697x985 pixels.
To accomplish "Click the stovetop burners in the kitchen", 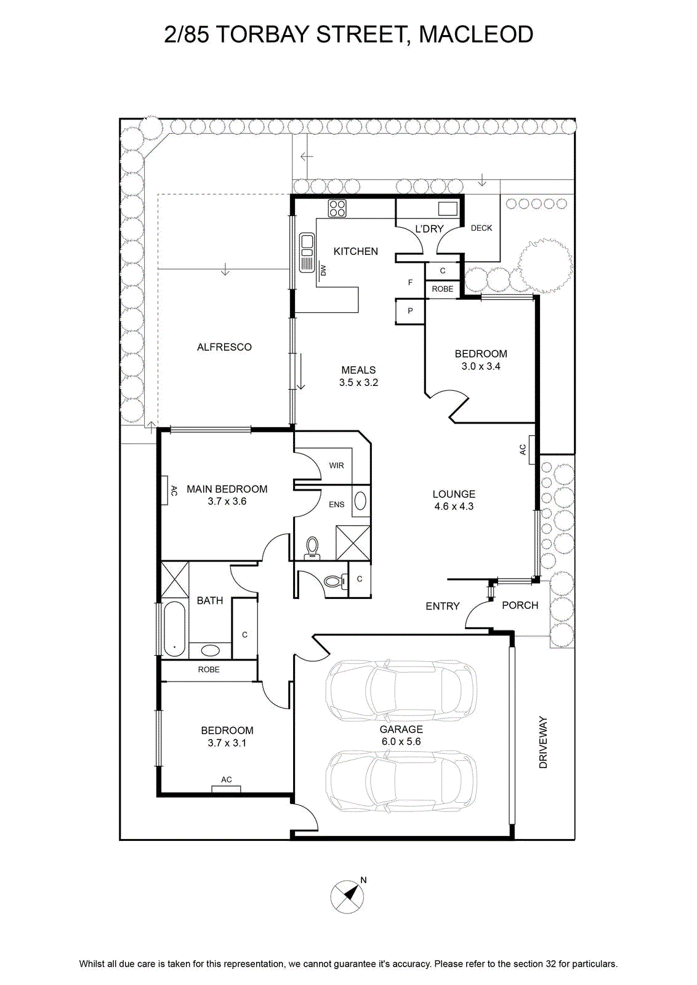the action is (337, 209).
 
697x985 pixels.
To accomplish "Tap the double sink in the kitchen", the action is (306, 252).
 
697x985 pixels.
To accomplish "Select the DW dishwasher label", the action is (323, 270).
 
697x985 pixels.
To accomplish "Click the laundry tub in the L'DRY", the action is (448, 209).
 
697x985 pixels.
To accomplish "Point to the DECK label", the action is (481, 228).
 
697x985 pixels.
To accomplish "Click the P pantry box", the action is (410, 312).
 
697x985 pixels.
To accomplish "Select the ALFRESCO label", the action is (224, 347).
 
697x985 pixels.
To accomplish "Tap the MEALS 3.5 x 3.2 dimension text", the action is (358, 382).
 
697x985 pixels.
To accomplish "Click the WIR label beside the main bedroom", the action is (336, 465).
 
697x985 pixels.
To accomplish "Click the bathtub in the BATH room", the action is (175, 628).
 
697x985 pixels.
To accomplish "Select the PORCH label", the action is (520, 606).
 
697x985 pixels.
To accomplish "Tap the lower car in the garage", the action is (401, 781).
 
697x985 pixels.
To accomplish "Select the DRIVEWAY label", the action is (544, 742).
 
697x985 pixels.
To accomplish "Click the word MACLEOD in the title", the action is (476, 34).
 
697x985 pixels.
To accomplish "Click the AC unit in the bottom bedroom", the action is (226, 789).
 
